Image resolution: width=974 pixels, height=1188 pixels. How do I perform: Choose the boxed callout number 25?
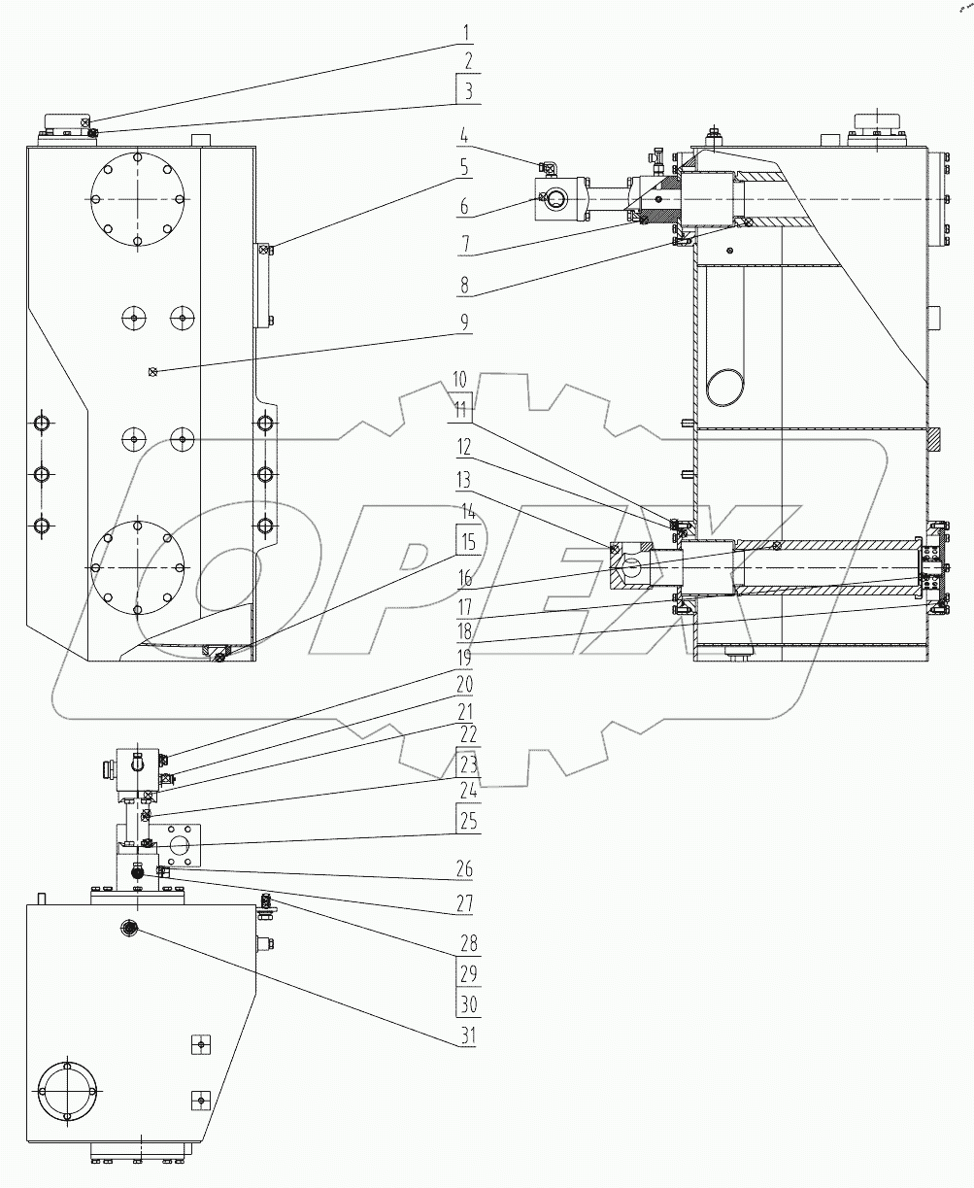click(467, 822)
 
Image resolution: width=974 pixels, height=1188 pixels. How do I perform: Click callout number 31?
click(467, 1035)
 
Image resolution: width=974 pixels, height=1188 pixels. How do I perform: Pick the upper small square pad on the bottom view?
click(199, 1043)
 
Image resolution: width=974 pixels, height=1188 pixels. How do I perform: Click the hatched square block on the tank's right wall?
click(934, 440)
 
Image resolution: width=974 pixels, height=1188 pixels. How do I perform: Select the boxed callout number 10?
click(459, 379)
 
